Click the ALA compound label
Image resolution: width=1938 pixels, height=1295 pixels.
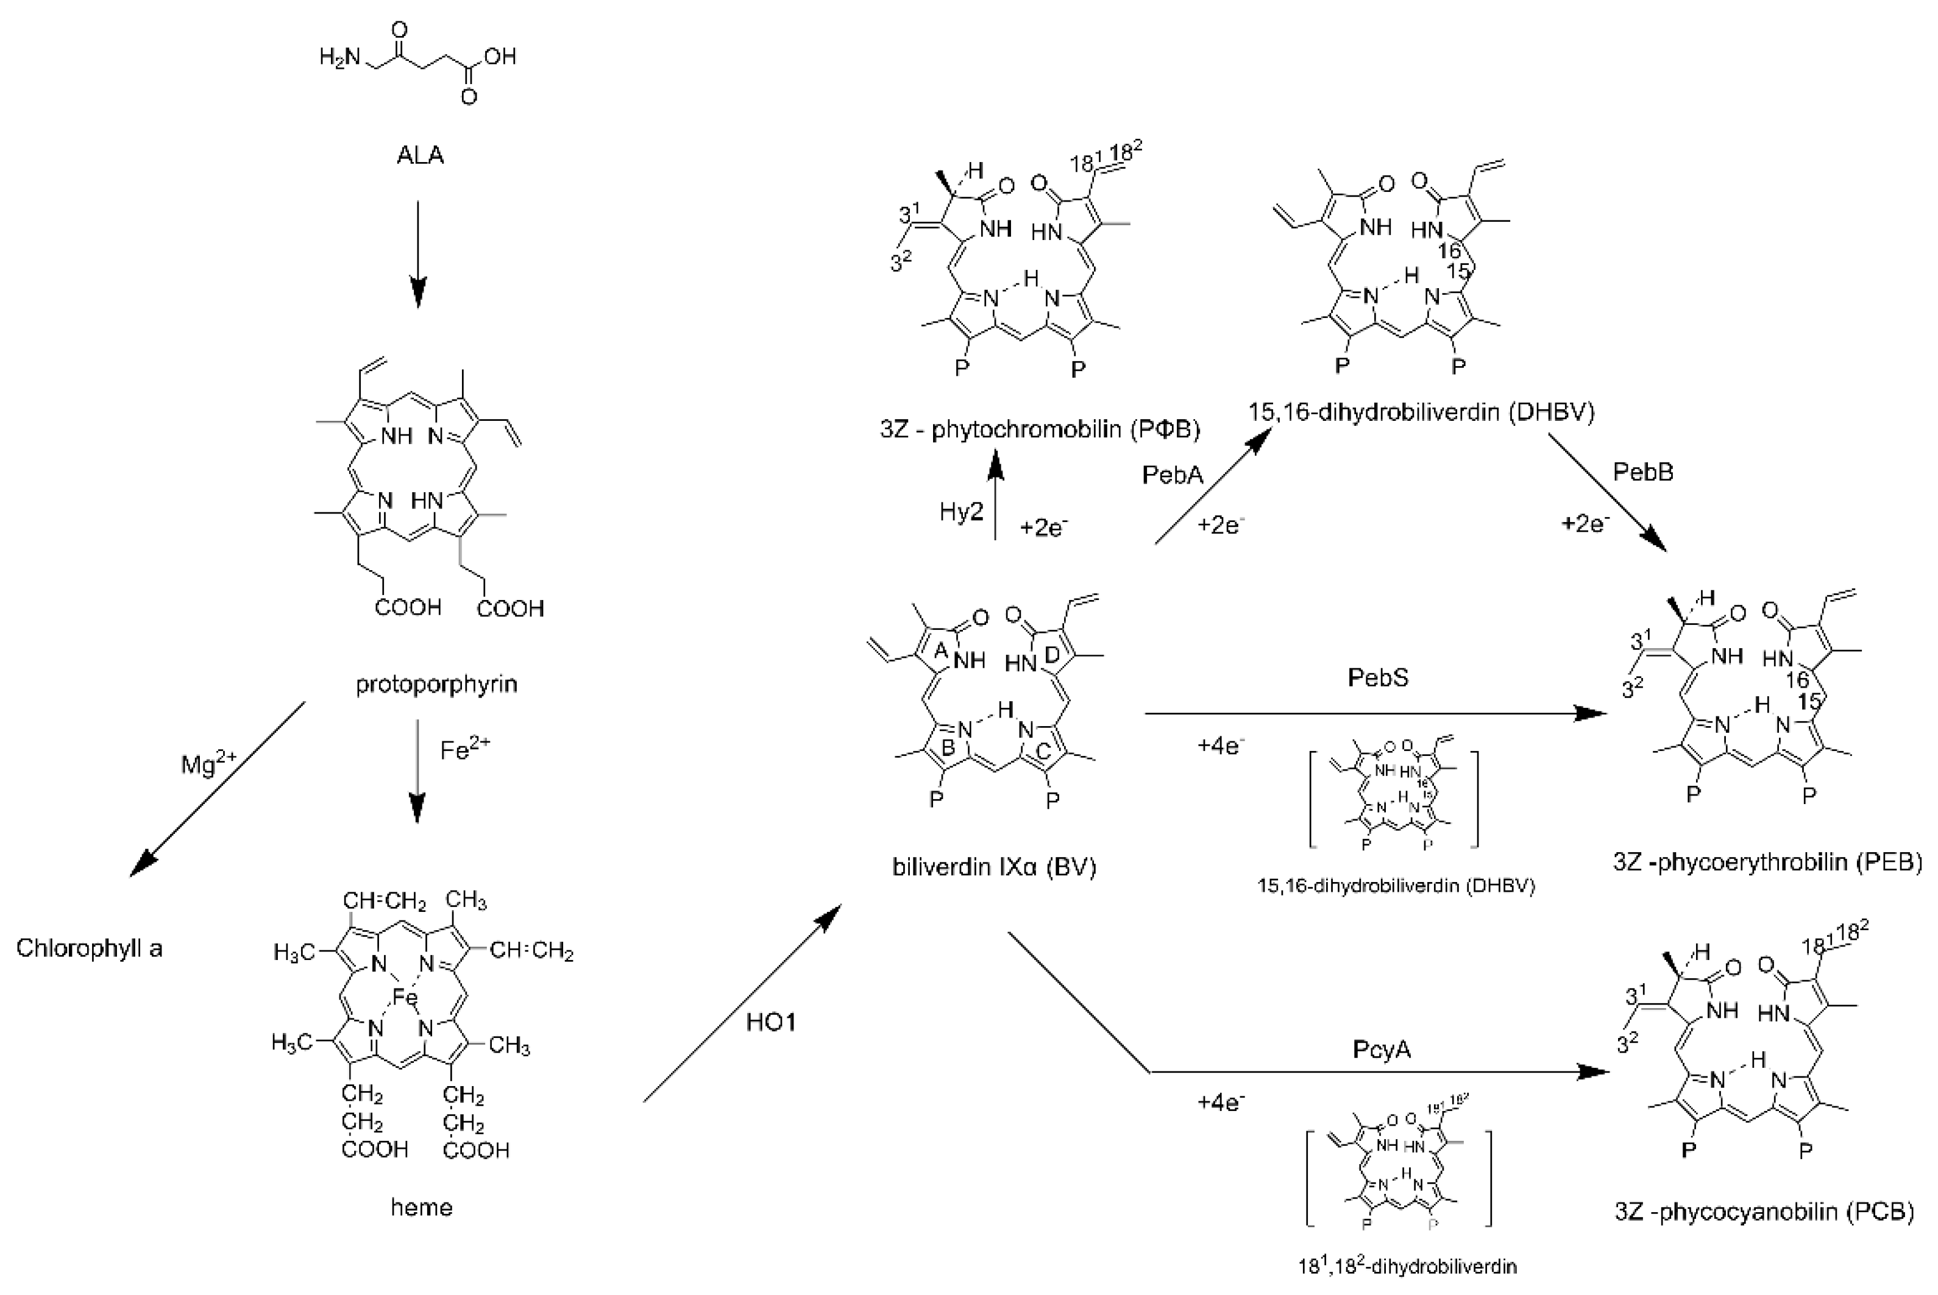[420, 155]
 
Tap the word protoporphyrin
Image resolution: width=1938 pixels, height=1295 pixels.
[436, 684]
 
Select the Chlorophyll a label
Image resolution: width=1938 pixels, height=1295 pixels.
[89, 947]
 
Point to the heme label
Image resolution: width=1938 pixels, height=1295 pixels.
[421, 1207]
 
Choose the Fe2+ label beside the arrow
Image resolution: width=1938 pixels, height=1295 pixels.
[465, 749]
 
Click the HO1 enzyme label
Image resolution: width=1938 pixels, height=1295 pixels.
[771, 1023]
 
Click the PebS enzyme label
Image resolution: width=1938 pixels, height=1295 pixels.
[1378, 677]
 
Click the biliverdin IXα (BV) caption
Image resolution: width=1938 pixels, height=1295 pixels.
[994, 867]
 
